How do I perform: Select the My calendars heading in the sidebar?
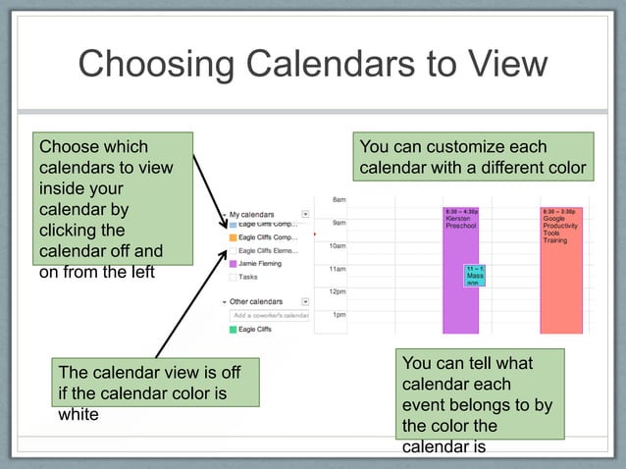coord(252,213)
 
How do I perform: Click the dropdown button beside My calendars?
coord(305,213)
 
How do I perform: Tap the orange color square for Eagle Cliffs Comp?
coord(233,237)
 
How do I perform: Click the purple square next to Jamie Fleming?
coord(233,264)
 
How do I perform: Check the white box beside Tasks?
coord(233,277)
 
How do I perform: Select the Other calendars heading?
coord(255,301)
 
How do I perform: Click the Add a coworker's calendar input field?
coord(270,315)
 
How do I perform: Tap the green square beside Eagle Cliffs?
coord(233,330)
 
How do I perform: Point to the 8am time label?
coord(338,199)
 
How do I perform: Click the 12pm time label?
coord(338,291)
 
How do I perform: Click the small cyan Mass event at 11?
coord(475,275)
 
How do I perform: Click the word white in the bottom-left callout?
coord(79,415)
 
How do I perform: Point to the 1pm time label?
coord(339,315)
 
